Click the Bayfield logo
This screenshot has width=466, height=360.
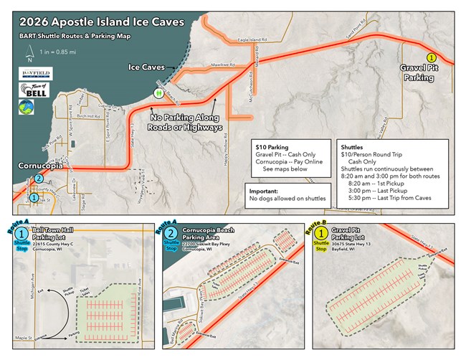[31, 74]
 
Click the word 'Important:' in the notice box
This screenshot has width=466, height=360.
[264, 192]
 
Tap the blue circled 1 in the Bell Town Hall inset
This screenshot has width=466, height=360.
[22, 234]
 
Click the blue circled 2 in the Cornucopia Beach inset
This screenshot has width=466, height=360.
[171, 234]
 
